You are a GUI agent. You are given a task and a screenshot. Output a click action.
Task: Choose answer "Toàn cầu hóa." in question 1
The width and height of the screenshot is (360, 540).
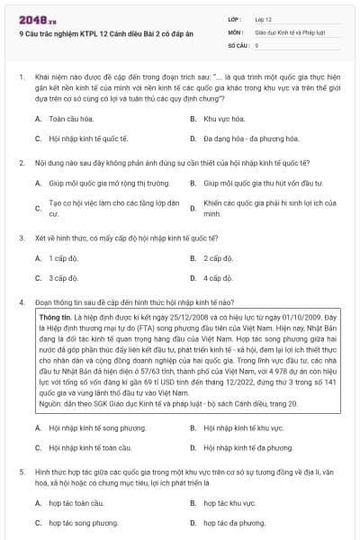point(70,119)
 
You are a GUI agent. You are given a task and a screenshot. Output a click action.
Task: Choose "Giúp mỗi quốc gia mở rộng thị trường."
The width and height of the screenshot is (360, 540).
point(103,182)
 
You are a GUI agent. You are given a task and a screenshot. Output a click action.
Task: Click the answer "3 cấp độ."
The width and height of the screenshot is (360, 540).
point(64,278)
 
